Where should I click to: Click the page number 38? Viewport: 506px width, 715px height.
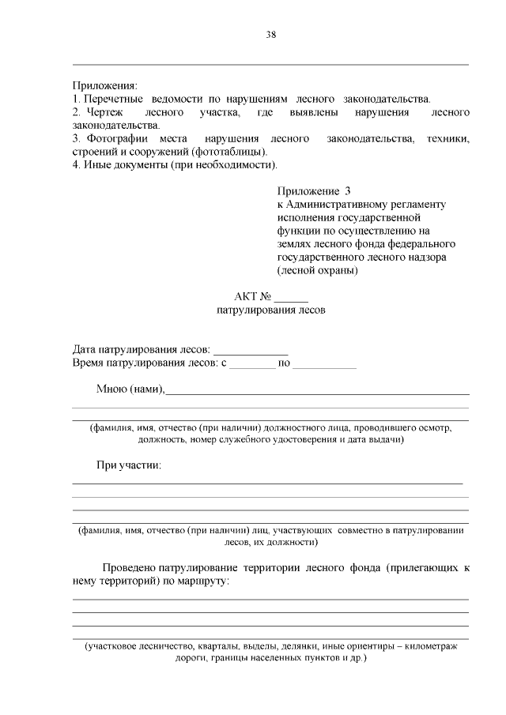coord(270,35)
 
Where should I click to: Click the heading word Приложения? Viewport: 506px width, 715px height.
coord(104,85)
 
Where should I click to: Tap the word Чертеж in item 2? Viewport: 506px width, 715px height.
coord(101,112)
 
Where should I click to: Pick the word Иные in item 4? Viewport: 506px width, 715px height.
coord(98,165)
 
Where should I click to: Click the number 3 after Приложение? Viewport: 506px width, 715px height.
coord(346,191)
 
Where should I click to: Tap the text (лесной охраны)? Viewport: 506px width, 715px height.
coord(318,271)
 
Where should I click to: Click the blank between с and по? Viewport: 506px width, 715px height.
coord(252,363)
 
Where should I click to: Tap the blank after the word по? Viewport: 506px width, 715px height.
coord(325,363)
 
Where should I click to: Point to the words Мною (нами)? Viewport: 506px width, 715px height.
coord(130,389)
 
